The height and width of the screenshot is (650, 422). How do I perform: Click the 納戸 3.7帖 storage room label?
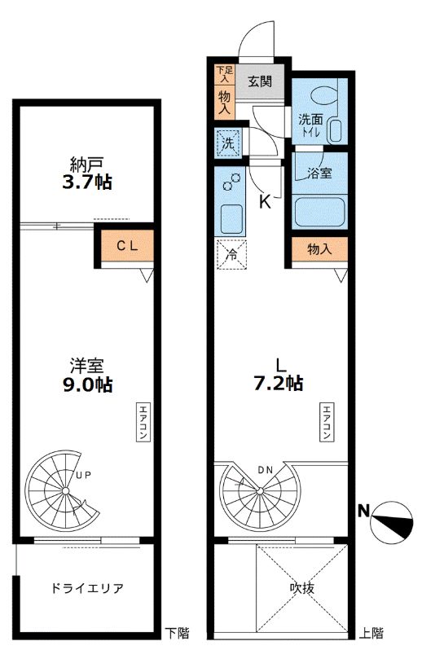(87, 173)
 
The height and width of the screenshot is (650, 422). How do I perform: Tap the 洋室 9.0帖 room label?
(87, 376)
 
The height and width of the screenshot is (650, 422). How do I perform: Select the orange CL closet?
(127, 246)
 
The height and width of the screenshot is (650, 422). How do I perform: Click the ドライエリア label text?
(87, 588)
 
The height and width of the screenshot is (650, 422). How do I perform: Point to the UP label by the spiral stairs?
(83, 475)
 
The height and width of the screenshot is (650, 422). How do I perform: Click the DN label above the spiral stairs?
(266, 470)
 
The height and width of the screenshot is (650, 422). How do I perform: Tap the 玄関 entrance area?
(260, 81)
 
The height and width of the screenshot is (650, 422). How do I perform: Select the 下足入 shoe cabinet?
(224, 75)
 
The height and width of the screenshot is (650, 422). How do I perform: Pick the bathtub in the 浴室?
(319, 213)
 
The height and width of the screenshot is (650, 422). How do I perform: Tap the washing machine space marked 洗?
(227, 143)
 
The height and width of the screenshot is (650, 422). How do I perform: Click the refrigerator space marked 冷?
(231, 254)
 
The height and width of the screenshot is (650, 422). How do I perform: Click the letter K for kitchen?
(265, 202)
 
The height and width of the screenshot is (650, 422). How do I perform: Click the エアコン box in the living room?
(326, 421)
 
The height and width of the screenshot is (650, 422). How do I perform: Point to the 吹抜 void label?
(302, 588)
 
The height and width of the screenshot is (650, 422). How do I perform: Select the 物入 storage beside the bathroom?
(319, 249)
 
